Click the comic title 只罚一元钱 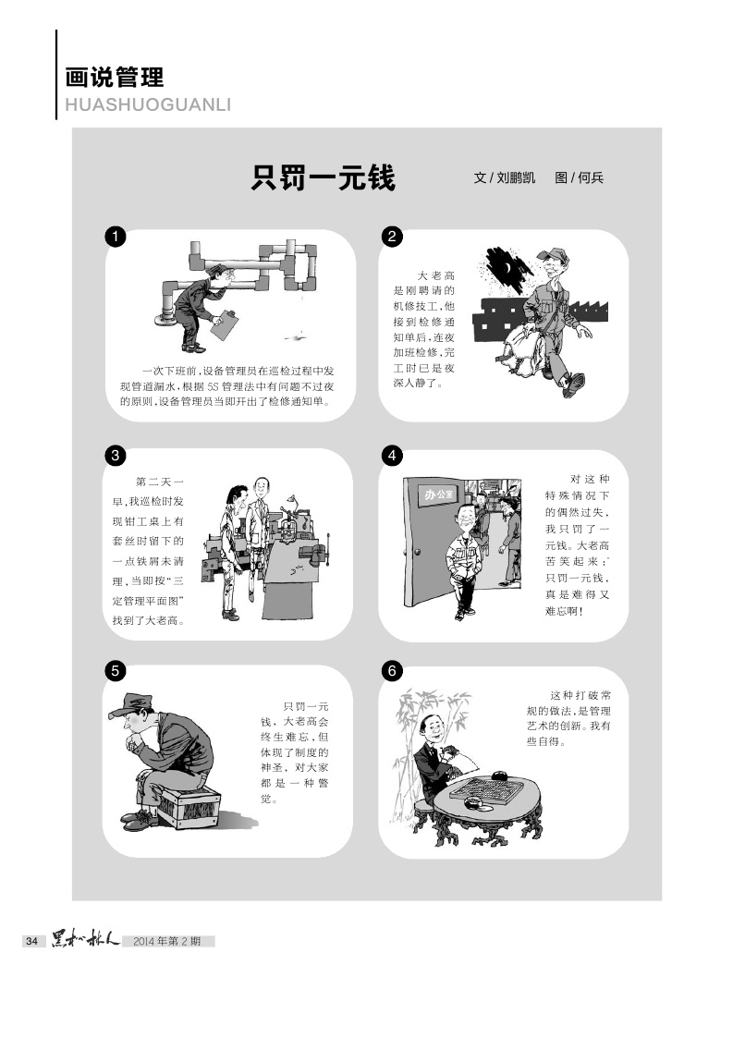323,177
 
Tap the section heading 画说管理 115,78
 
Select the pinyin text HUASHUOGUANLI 148,104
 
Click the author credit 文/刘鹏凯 505,177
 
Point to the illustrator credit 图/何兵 580,177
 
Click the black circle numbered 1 116,237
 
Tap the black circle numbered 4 392,456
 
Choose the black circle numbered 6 392,671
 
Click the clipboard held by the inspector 224,324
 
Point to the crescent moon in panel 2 507,268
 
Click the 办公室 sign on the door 440,494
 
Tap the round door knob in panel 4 417,552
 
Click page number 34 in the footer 31,941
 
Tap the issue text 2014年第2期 167,941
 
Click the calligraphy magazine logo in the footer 85,939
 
